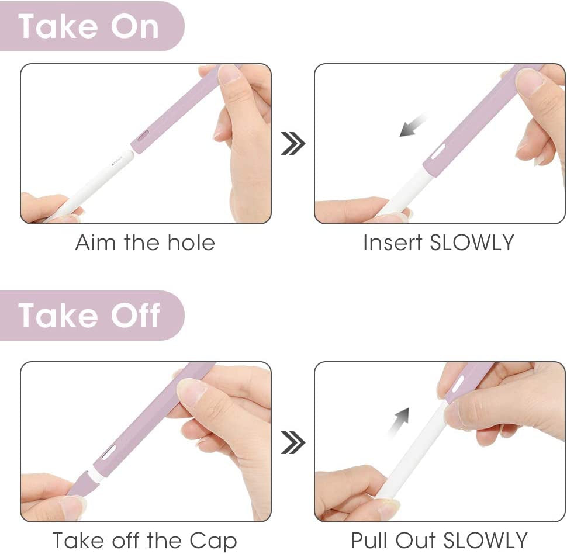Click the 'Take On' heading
(x=89, y=26)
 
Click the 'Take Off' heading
(x=89, y=316)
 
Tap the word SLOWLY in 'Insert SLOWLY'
(x=472, y=243)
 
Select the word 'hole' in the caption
(x=191, y=243)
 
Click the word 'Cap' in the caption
(x=213, y=542)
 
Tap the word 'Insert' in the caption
(x=393, y=243)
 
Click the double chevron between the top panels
(x=293, y=144)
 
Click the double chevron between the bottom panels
(x=293, y=442)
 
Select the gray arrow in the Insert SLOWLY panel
(x=413, y=124)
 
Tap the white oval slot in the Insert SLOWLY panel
(x=438, y=152)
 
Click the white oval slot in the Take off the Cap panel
(x=109, y=452)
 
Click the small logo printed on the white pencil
(x=117, y=161)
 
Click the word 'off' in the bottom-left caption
(x=126, y=540)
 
